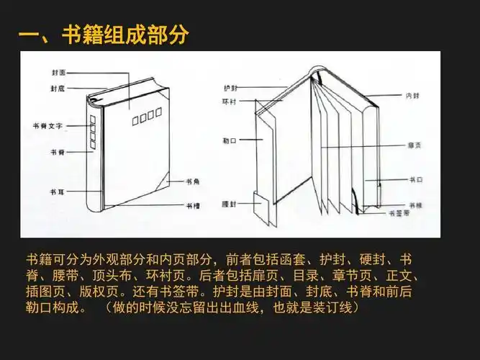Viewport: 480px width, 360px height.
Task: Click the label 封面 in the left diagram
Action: [58, 73]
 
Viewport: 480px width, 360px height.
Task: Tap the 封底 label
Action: [58, 88]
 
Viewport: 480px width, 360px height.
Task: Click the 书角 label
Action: [194, 181]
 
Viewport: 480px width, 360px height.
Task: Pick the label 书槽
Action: [194, 205]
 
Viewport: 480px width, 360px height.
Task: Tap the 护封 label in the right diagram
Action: [230, 87]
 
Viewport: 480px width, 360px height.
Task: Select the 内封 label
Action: [412, 94]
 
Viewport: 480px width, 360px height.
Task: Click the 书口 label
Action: [415, 178]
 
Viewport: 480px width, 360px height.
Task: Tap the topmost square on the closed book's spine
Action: [92, 120]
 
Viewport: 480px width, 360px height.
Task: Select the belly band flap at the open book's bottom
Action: [262, 209]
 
